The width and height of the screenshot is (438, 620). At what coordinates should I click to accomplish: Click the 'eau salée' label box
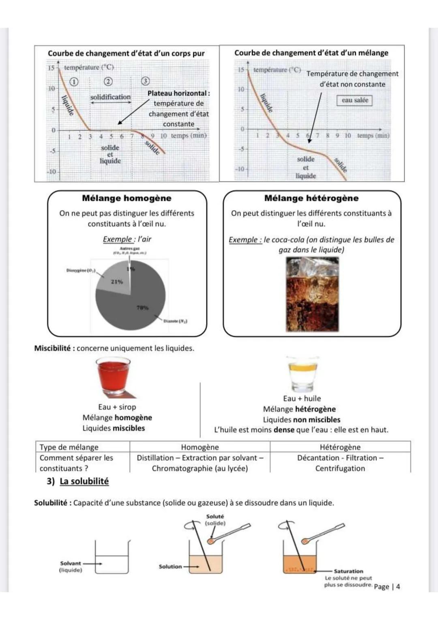point(354,100)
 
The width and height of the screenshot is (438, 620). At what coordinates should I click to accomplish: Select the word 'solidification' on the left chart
point(110,97)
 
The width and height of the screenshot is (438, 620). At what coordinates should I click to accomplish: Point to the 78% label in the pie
point(142,308)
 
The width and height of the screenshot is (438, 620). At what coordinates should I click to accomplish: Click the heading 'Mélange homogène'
point(127,198)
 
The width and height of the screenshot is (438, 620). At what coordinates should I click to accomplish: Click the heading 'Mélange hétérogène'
point(311,198)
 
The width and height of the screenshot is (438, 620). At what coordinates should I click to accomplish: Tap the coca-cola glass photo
point(312,294)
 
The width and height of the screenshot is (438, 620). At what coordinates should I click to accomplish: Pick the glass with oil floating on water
point(303,373)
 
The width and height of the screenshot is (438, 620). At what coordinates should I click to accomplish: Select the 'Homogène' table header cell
point(200,447)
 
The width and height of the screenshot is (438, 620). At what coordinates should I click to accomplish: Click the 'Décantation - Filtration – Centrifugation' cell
point(340,463)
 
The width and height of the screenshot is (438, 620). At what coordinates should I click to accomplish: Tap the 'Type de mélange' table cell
point(69,447)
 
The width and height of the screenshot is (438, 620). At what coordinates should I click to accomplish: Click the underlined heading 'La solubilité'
point(84,481)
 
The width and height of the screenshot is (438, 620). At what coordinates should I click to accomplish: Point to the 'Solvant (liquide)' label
point(71,566)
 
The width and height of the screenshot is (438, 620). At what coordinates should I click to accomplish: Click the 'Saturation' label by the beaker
point(348,571)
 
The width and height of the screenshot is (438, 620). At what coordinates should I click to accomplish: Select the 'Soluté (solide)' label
point(215,520)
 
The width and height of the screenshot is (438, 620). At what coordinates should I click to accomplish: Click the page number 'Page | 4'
point(387,586)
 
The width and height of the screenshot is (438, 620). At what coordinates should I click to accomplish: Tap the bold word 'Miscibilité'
point(53,348)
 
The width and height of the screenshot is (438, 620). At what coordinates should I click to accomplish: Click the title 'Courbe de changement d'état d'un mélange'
point(311,53)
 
